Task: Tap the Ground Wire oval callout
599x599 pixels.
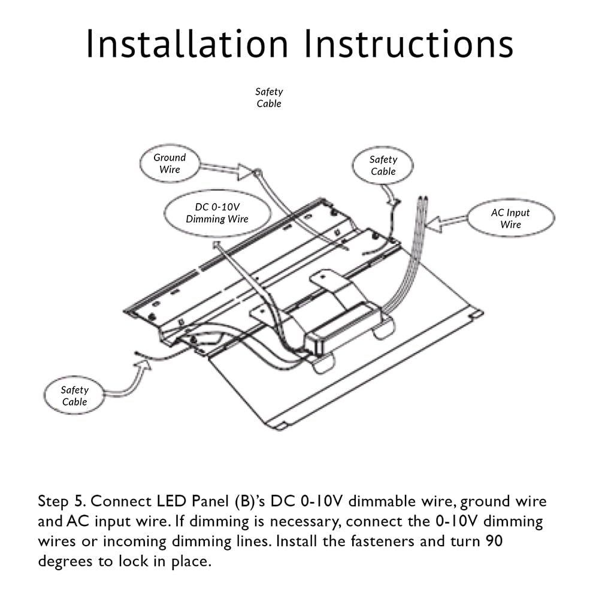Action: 170,163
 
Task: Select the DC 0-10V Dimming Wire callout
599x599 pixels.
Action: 217,213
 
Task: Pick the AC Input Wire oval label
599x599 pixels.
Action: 510,218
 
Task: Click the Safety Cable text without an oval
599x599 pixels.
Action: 269,98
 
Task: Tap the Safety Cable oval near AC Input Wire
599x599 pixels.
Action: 383,165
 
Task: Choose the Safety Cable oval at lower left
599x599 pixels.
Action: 75,396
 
